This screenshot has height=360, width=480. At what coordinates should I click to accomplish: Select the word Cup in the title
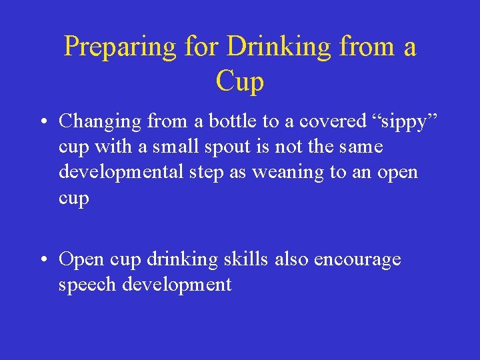pos(240,83)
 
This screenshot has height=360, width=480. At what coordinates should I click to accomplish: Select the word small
pos(162,146)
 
